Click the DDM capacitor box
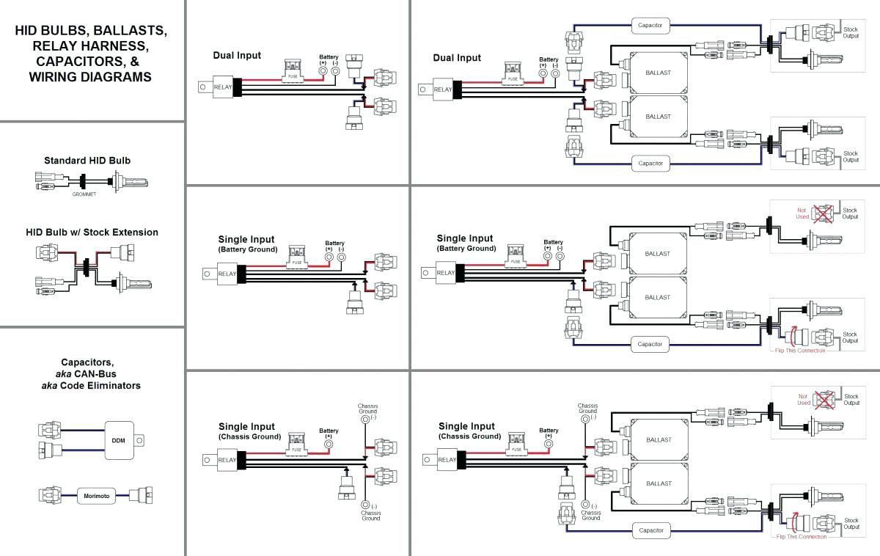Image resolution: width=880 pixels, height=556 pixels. [x=119, y=441]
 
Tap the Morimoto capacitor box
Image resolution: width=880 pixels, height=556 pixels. [x=97, y=496]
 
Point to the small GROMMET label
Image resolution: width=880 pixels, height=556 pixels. [x=84, y=194]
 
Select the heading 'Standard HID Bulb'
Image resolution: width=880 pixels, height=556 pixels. [x=87, y=161]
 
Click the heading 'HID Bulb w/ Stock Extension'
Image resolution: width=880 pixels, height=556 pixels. [x=92, y=233]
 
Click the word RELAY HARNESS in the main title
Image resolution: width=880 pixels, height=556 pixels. [x=91, y=46]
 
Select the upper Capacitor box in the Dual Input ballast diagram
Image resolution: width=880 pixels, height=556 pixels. [x=650, y=25]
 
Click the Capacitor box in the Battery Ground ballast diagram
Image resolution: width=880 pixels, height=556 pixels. [x=650, y=344]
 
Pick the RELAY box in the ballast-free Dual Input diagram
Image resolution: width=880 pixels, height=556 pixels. [x=222, y=87]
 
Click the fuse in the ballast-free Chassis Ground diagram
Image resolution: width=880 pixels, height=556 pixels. [x=296, y=445]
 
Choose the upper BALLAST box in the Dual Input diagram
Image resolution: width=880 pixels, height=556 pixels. [x=659, y=73]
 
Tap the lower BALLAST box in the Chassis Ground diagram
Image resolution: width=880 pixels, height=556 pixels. [x=659, y=483]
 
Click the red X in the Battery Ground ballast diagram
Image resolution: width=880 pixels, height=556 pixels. [x=823, y=214]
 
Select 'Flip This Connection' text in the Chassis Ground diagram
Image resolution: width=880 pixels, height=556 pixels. [x=802, y=537]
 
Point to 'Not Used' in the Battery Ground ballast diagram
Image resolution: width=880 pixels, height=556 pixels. [x=802, y=213]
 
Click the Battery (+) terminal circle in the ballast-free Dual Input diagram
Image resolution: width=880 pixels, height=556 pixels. [x=323, y=71]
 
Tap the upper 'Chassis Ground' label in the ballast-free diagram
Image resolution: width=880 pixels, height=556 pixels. [x=367, y=409]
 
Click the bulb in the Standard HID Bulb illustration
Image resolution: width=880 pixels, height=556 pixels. [x=130, y=182]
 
